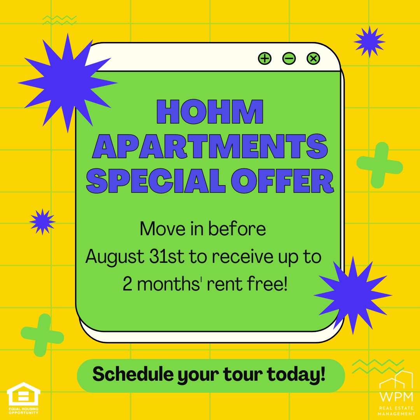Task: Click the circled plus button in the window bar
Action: click(x=265, y=59)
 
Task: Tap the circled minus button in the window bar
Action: click(x=289, y=59)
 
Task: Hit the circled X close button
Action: click(x=313, y=59)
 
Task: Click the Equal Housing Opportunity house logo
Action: click(x=23, y=395)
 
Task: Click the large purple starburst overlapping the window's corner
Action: click(x=68, y=82)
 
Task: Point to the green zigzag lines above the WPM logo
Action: click(x=370, y=366)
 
